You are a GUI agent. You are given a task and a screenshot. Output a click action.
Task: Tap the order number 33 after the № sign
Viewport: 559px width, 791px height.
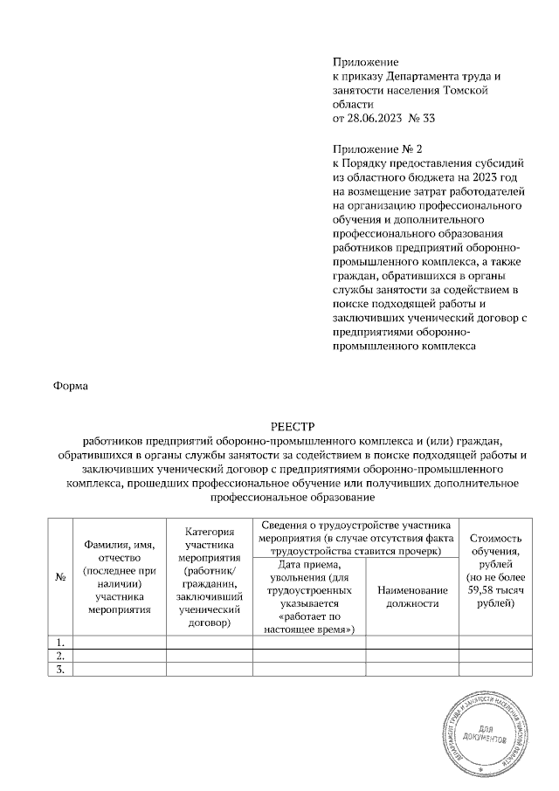[x=428, y=116]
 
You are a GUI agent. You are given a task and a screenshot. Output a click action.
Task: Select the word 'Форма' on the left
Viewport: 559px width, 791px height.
[x=71, y=385]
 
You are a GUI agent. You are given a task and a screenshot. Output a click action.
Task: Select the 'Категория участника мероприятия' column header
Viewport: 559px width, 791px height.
[x=209, y=577]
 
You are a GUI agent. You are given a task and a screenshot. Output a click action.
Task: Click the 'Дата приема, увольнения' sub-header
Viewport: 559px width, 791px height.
[x=309, y=597]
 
